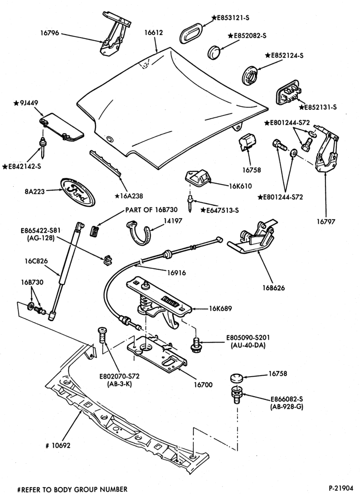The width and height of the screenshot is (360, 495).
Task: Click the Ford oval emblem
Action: [77, 192]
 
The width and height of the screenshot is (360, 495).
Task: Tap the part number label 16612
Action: [154, 32]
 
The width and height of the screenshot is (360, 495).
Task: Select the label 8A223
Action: [34, 191]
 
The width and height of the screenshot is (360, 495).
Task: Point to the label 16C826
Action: [36, 261]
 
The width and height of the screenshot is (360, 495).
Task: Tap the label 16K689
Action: [221, 308]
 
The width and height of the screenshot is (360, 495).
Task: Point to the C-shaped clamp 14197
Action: [140, 234]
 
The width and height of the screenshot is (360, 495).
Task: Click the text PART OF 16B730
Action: [151, 209]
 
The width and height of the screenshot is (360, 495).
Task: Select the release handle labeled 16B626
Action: [253, 237]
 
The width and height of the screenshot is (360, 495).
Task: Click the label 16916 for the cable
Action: [176, 273]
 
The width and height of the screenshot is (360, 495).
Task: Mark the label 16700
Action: [203, 385]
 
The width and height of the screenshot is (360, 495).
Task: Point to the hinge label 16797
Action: [326, 222]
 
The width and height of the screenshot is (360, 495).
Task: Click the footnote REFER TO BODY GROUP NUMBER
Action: [73, 490]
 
